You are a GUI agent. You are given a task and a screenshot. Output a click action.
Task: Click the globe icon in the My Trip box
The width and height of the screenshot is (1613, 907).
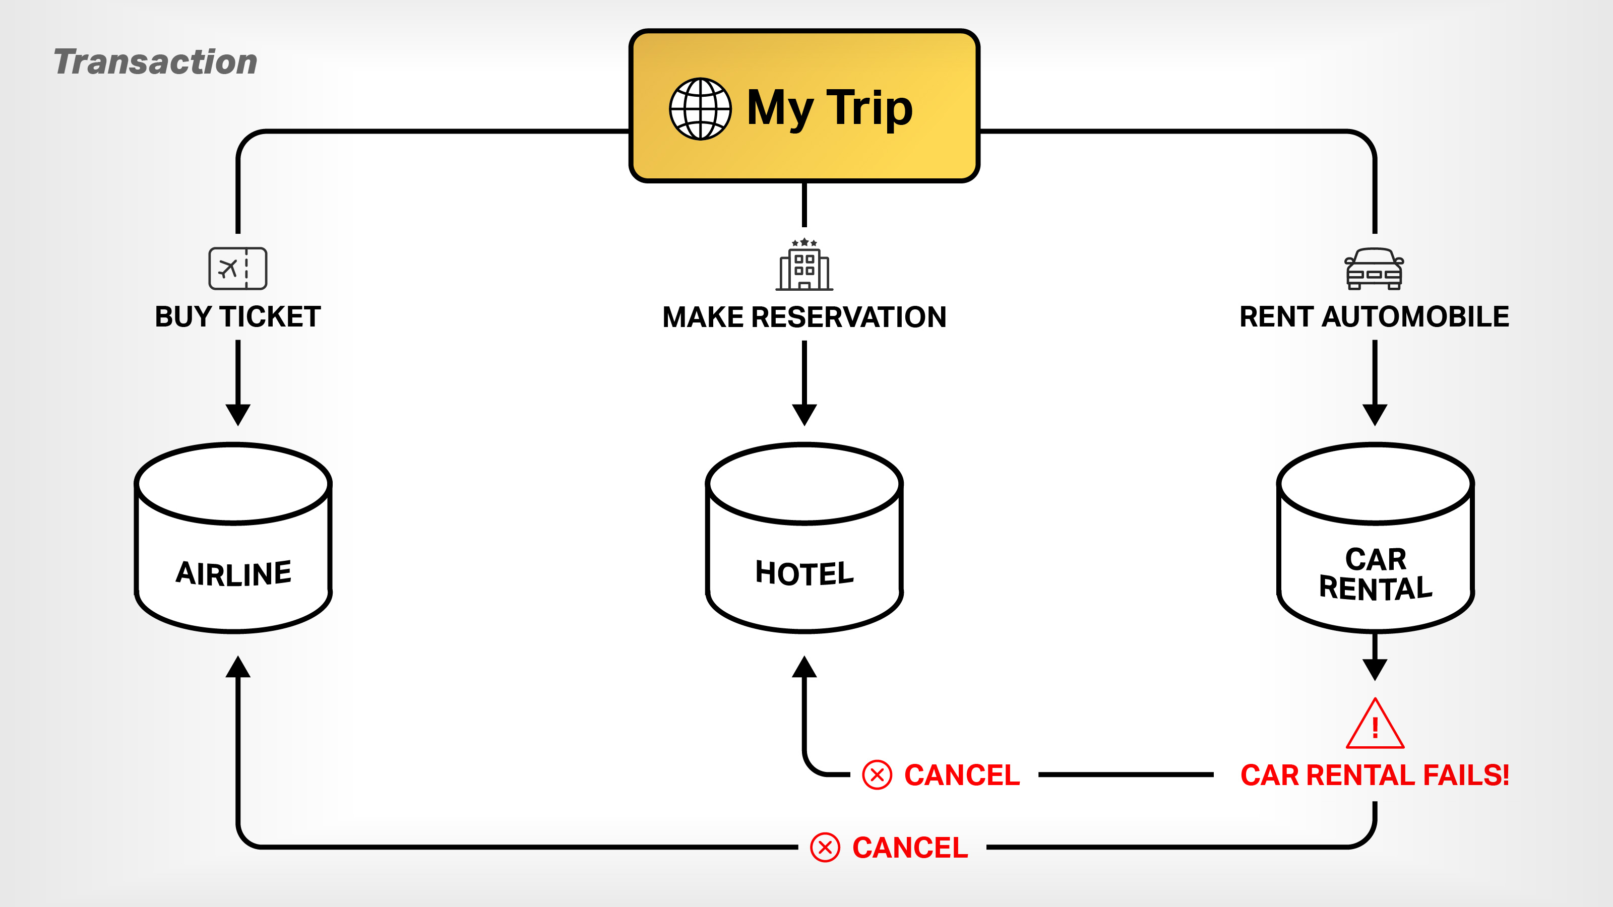coord(700,109)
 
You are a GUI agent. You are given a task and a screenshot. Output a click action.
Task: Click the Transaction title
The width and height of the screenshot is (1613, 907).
coord(155,62)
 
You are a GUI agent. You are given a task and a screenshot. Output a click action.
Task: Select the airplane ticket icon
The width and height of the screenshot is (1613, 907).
coord(238,269)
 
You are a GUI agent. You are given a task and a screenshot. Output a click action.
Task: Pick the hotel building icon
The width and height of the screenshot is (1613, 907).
coord(804,266)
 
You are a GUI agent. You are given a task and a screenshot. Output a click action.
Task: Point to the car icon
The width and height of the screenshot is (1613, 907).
coord(1375,269)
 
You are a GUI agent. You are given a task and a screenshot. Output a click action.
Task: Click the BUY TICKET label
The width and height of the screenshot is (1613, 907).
coord(238,317)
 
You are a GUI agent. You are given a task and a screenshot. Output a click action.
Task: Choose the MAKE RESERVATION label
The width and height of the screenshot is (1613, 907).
coord(804,317)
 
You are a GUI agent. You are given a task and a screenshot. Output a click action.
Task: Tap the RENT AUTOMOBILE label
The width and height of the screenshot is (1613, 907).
coord(1375,317)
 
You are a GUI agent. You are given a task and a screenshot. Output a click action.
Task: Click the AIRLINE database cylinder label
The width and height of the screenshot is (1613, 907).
coord(233,573)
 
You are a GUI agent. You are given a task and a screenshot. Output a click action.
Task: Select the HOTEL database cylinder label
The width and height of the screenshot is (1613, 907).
coord(804,573)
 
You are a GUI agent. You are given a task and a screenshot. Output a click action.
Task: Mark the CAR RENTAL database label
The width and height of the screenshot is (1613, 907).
coord(1376,574)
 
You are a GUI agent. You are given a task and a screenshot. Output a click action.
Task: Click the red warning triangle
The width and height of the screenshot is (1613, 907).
coord(1375,726)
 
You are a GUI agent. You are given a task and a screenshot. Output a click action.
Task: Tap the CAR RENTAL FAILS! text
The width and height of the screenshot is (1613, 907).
coord(1375,775)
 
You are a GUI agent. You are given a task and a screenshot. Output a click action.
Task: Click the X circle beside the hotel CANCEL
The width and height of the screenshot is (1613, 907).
coord(877,775)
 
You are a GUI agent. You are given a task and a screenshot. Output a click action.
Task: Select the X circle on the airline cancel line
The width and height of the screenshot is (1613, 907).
coord(825,848)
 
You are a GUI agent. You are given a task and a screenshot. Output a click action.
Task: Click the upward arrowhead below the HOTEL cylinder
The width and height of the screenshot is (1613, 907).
coord(804,667)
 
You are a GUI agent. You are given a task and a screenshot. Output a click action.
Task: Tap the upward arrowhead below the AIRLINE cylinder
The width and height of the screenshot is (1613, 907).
coord(238,667)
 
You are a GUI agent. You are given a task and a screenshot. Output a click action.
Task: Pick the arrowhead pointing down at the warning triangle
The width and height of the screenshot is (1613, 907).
coord(1375,669)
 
